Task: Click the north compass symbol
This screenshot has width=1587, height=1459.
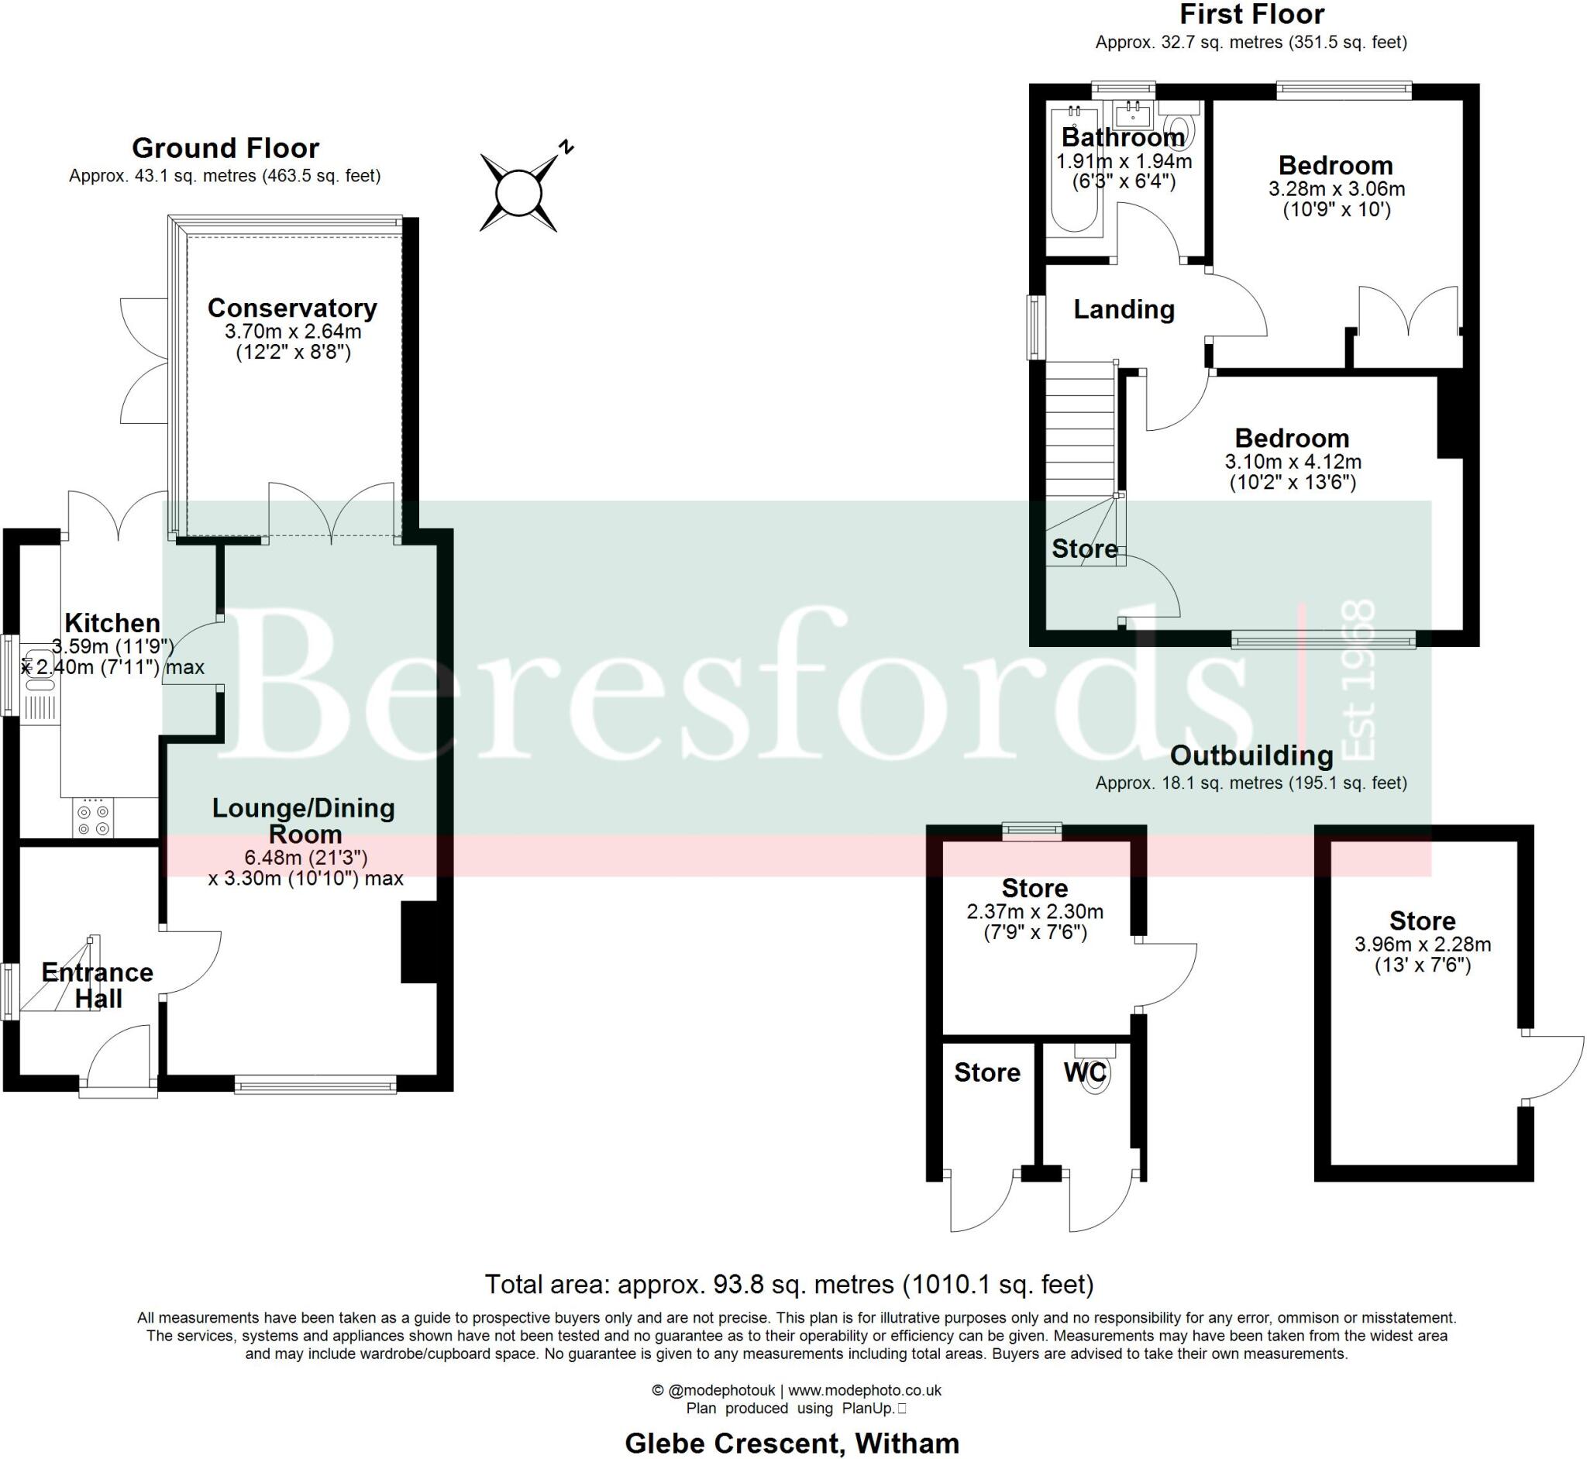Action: coord(518,193)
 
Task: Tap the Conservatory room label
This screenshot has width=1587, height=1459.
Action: coord(292,308)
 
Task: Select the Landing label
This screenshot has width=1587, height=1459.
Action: coord(1124,309)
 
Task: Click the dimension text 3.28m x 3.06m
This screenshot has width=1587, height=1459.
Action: coord(1336,189)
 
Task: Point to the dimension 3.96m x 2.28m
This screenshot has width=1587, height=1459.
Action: coord(1422,945)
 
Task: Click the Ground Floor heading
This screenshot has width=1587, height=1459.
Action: coord(225,148)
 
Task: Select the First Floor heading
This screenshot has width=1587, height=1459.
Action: coord(1251,14)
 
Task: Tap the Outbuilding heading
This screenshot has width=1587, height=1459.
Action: coord(1251,755)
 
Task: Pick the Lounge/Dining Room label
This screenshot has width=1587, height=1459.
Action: coord(304,821)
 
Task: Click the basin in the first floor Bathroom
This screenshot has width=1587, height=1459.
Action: coord(1134,115)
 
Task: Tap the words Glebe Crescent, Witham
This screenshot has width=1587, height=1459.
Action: coord(792,1444)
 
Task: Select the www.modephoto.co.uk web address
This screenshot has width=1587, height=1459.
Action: coord(865,1390)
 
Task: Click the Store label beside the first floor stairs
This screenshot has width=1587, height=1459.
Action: coord(1084,549)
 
